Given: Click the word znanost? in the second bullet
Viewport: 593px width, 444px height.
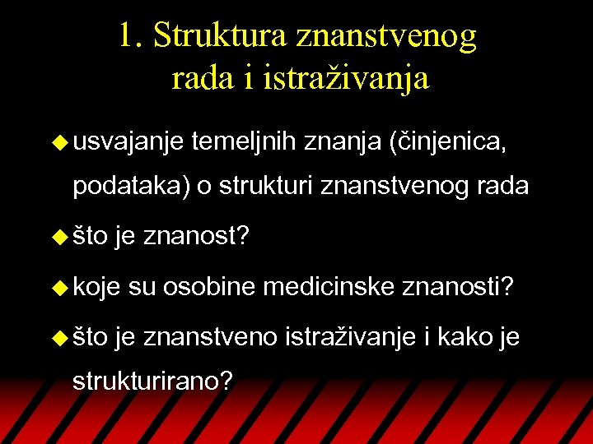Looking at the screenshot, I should click(x=196, y=238).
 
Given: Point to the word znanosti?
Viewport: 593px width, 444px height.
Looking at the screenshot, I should click(x=459, y=287).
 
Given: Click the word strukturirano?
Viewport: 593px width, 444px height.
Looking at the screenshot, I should click(x=152, y=382).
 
